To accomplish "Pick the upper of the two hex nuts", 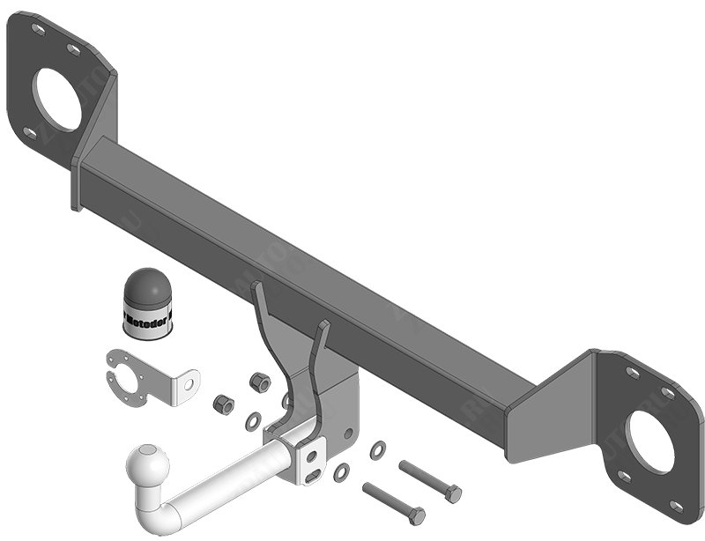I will point(259,382).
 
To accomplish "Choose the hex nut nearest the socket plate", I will point(223,404).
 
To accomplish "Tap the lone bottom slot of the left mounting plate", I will point(30,133).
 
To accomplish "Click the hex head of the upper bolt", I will point(453,493).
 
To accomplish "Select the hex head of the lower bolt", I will point(416,515).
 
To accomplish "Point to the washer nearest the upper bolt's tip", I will point(376,449).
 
